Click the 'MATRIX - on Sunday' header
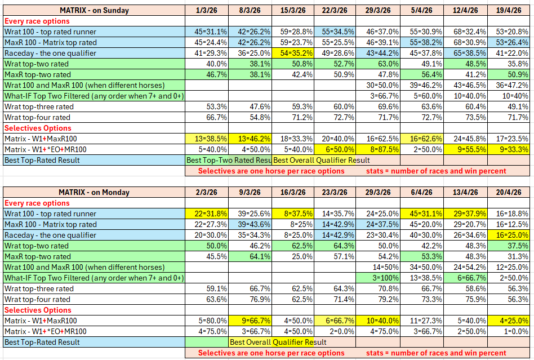coord(94,10)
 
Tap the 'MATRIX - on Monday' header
coord(94,192)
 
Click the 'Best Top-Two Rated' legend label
coord(229,160)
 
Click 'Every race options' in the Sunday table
coord(37,21)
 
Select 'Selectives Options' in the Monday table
coord(38,310)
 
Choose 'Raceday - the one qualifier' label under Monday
coord(50,235)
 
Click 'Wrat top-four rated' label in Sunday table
coord(38,117)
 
